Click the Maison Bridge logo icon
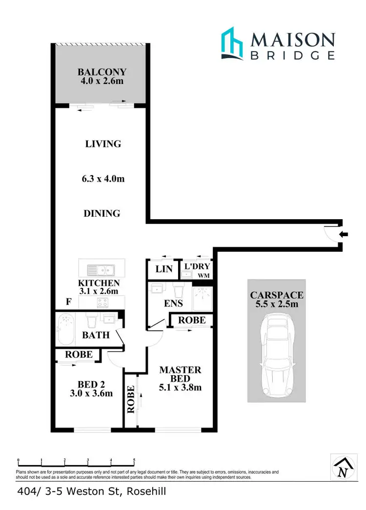[x=232, y=44]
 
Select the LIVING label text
[x=103, y=144]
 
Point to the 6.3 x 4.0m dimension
[x=103, y=179]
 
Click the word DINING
[x=102, y=213]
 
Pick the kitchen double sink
[x=101, y=270]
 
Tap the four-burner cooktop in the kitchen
[x=102, y=303]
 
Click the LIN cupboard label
[x=163, y=269]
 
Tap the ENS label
[x=173, y=304]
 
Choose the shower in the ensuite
[x=203, y=299]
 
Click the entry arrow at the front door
[x=344, y=235]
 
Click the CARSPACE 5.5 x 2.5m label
[x=277, y=299]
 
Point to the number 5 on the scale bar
[x=134, y=460]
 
